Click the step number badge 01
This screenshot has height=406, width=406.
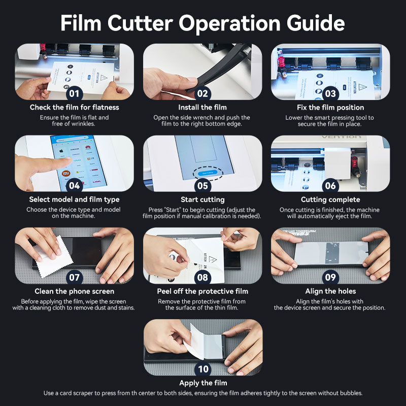75,93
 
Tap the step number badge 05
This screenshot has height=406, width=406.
202,186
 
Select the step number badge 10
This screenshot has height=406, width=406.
202,369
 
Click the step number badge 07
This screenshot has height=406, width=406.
75,278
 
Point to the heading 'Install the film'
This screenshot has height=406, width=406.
202,108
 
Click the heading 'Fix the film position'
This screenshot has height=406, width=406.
330,108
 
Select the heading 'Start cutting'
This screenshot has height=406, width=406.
202,199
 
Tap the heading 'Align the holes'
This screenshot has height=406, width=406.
330,291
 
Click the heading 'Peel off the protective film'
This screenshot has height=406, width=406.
202,291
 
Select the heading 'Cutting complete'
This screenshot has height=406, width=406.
330,199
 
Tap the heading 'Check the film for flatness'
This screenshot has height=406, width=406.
75,108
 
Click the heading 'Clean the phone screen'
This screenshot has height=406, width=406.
75,291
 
